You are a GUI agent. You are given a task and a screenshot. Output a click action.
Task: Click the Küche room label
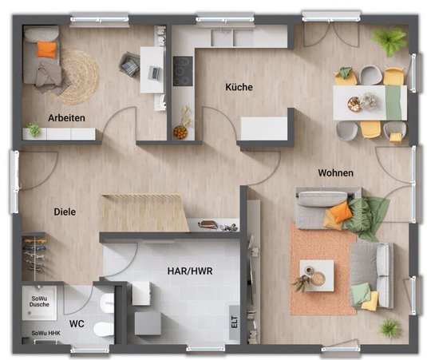(x=239, y=87)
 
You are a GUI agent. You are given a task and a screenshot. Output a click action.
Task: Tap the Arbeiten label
(x=66, y=118)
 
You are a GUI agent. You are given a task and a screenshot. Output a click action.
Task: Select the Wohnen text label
(x=336, y=172)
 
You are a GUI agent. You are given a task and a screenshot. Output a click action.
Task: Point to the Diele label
(x=65, y=212)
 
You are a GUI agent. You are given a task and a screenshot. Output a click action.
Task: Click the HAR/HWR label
(x=190, y=271)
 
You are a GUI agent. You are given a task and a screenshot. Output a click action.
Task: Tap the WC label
(x=77, y=324)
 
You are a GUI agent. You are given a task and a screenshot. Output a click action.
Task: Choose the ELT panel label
(x=235, y=322)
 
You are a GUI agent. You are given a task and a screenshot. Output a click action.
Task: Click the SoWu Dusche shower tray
(x=39, y=303)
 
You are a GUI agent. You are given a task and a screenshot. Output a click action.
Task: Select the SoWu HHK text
(x=45, y=333)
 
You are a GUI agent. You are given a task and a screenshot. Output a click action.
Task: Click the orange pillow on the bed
(x=47, y=49)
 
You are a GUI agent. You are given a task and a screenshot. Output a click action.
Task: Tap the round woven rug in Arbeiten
(x=78, y=77)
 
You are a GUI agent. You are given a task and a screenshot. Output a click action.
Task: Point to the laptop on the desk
(x=155, y=72)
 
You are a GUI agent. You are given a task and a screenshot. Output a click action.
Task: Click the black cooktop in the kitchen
(x=183, y=71)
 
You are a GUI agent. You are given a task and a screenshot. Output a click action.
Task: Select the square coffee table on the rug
(x=317, y=275)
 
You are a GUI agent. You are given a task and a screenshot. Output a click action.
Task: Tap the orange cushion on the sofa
(x=340, y=212)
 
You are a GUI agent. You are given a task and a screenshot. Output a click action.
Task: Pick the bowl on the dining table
(x=354, y=104)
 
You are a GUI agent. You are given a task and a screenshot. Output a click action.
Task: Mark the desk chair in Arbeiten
(x=129, y=65)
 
